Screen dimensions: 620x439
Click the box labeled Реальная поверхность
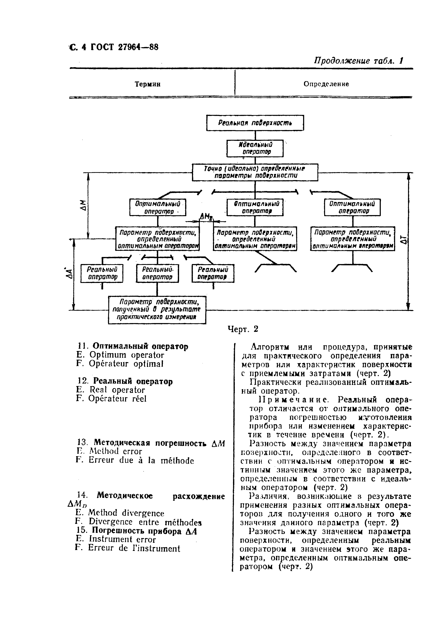(x=255, y=123)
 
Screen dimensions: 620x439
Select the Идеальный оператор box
(x=255, y=148)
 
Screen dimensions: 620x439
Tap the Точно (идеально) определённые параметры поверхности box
(x=255, y=172)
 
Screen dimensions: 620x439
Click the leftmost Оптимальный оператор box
(x=158, y=207)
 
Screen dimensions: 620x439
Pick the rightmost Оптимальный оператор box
(x=352, y=207)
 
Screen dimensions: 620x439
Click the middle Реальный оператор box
(x=157, y=273)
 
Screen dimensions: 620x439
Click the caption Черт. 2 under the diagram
(x=243, y=329)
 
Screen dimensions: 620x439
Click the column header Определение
(x=326, y=84)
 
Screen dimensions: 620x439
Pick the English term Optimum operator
(x=127, y=355)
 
